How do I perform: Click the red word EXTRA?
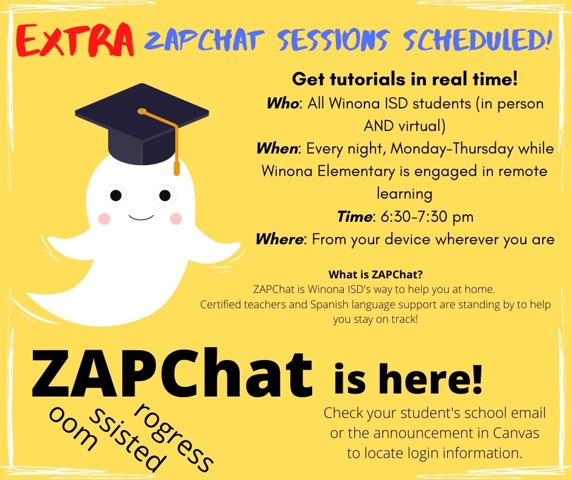tap(75, 40)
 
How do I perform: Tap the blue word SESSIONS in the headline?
tap(333, 40)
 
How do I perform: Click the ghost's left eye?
tap(116, 196)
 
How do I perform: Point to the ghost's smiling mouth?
tap(141, 217)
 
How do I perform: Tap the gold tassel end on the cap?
tap(176, 168)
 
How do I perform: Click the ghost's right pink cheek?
tap(176, 219)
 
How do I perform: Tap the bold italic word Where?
tap(279, 239)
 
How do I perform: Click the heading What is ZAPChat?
tap(375, 274)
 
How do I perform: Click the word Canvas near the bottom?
tap(516, 433)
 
